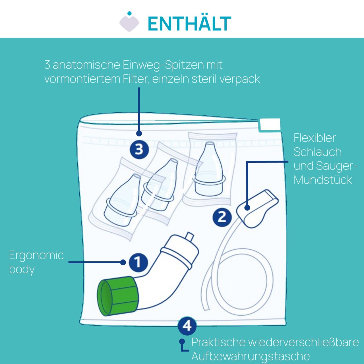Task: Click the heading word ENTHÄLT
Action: click(x=189, y=24)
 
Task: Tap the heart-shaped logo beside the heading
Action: click(x=129, y=23)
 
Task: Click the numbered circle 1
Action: click(x=138, y=262)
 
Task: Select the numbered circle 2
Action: click(x=222, y=217)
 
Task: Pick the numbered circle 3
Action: click(x=139, y=149)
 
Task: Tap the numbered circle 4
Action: click(x=187, y=326)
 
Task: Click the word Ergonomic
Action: click(x=36, y=255)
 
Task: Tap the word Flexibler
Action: click(x=315, y=138)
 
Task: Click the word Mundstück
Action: click(x=323, y=180)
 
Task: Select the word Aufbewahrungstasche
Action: click(x=251, y=356)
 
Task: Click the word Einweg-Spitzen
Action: click(x=163, y=65)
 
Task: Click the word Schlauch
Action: click(x=317, y=152)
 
